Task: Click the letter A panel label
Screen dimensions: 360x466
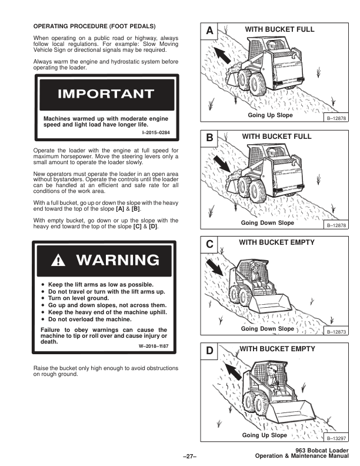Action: [209, 31]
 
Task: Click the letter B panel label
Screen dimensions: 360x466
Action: [209, 138]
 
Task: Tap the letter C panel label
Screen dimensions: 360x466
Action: [209, 244]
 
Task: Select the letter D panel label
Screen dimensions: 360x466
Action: [209, 351]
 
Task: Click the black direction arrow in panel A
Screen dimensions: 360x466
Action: [222, 55]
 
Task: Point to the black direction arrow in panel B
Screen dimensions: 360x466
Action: [222, 164]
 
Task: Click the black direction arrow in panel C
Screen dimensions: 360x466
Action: [215, 267]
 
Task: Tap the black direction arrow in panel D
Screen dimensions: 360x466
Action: [233, 371]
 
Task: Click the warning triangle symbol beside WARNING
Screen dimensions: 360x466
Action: [58, 260]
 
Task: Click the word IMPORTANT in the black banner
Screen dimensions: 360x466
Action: [106, 94]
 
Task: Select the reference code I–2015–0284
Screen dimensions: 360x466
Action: [156, 132]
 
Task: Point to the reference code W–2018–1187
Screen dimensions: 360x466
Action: [154, 346]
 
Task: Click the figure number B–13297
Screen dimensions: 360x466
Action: [336, 438]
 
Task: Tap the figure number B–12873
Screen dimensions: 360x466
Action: [336, 332]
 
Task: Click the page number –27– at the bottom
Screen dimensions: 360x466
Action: [190, 456]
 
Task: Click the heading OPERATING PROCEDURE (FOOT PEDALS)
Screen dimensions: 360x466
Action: [95, 26]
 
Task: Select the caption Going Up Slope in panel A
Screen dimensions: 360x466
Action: [271, 115]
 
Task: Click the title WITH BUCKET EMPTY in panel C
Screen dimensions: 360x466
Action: [277, 242]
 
